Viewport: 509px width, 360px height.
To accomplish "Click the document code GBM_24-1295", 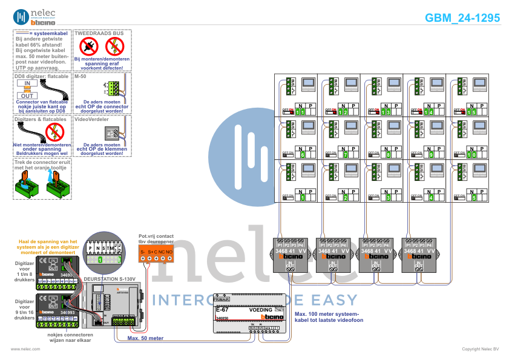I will point(462,18).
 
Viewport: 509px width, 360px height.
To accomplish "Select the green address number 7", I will point(344,154).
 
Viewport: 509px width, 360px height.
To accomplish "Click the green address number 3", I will point(387,197).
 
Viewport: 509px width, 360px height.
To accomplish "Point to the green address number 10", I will point(472,154).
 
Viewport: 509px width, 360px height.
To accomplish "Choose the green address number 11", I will point(301,112).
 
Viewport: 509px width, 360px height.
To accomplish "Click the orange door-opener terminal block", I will point(156,252).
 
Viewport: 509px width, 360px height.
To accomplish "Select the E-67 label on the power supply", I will point(222,310).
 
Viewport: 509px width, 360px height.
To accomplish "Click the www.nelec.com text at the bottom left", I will point(25,349).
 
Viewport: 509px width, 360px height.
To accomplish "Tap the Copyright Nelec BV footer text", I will point(480,349).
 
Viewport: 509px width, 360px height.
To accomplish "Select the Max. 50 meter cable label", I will point(146,338).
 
